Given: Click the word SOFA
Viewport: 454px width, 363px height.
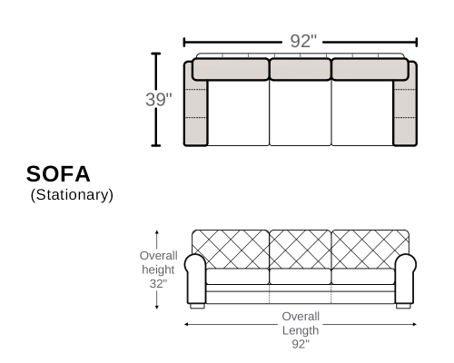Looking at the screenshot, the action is (58, 174).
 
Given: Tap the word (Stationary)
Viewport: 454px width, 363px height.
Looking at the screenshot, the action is (72, 195).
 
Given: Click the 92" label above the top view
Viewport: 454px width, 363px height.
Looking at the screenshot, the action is (303, 41).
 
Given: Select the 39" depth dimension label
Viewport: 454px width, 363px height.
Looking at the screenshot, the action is (159, 99).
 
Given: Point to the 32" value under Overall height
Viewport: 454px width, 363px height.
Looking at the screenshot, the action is (158, 284).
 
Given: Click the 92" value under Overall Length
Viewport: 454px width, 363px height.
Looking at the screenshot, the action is (301, 344).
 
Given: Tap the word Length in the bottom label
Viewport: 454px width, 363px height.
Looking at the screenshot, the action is (301, 330).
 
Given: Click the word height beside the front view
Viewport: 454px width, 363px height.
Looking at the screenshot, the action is (158, 270).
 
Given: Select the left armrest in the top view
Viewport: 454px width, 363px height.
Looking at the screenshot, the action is (195, 103).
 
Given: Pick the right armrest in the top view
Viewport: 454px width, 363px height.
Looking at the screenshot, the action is (405, 103).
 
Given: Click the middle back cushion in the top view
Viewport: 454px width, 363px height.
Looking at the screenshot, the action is (301, 70).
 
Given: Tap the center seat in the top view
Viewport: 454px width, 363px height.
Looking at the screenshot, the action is (301, 113).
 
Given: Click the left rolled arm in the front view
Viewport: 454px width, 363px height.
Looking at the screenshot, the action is (195, 279).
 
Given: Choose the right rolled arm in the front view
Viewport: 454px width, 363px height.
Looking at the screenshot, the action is (406, 279).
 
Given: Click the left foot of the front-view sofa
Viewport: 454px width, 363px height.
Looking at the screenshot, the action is (197, 306).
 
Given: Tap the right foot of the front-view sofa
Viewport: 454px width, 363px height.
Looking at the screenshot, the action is (403, 306).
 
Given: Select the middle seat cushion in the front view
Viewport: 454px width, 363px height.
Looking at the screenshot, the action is (301, 277).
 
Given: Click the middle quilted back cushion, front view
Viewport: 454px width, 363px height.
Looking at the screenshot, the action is (301, 250).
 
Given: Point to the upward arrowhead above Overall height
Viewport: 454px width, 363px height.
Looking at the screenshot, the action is (157, 233).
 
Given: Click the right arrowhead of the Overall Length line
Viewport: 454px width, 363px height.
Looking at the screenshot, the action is (414, 324).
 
